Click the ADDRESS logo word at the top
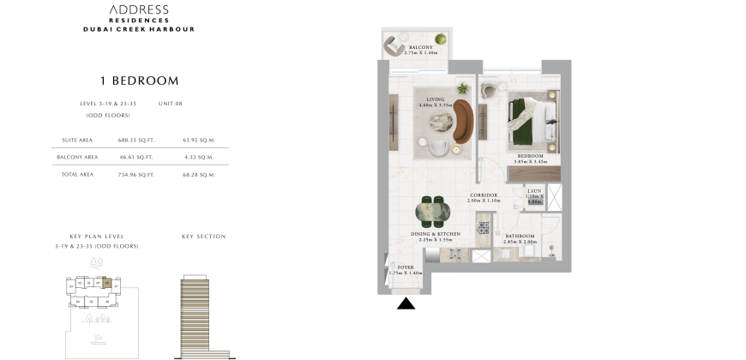(x=140, y=9)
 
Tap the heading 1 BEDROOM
(x=140, y=81)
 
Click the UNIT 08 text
(x=171, y=104)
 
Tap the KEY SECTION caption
(x=204, y=236)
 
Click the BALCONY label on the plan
(x=420, y=47)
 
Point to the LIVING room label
(x=436, y=99)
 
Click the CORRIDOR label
(x=484, y=195)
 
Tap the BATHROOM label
(x=520, y=236)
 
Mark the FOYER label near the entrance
(x=406, y=267)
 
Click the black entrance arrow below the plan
(x=406, y=303)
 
